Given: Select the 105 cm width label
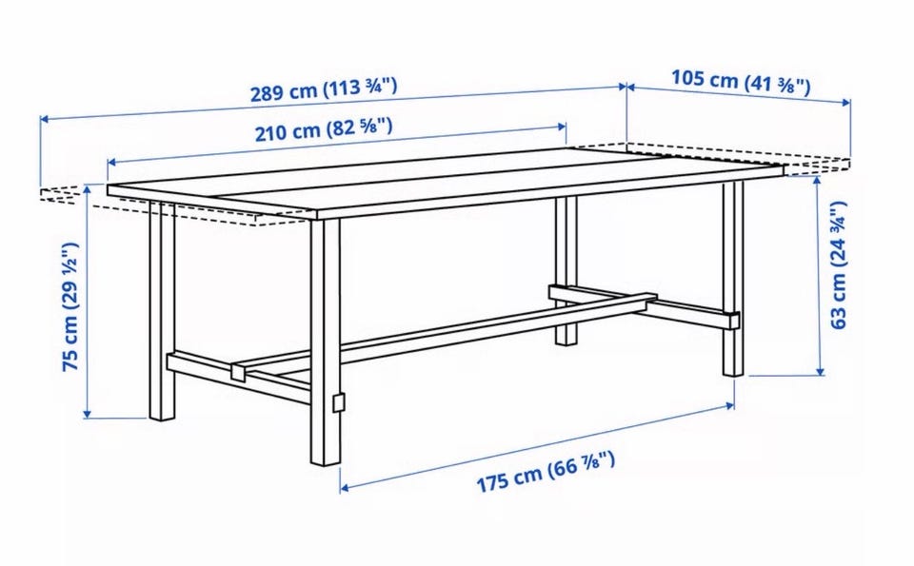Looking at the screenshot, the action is point(741,82).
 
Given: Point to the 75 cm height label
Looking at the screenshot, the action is point(71,306).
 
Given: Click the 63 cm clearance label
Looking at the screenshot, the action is point(837,265).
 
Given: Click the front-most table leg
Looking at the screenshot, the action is point(326,342).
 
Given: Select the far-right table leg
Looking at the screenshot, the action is point(733,279).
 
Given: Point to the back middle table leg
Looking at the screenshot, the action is point(566,270).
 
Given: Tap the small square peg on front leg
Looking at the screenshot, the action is point(338,402).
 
